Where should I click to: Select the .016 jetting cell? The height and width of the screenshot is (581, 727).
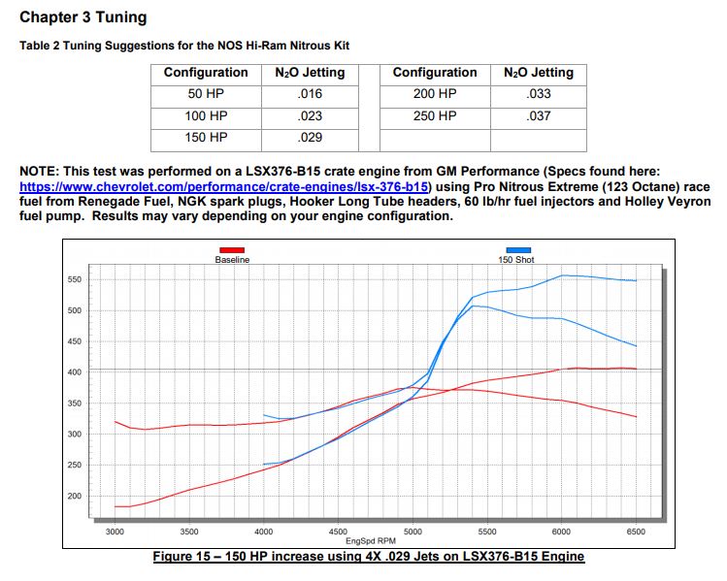click(311, 94)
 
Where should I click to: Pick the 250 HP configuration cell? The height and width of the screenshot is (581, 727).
click(435, 116)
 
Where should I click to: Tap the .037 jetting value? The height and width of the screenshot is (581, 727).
click(538, 116)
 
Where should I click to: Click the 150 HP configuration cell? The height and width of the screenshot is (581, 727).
click(206, 138)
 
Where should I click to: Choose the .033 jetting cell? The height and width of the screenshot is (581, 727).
click(538, 94)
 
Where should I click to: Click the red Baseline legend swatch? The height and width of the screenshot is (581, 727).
click(232, 251)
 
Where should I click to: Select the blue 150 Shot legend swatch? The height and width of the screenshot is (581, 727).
click(518, 251)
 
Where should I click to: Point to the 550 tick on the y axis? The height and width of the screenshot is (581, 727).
click(74, 279)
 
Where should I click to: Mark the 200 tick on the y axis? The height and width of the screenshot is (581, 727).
click(74, 496)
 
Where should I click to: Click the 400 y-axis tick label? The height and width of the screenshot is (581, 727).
click(74, 372)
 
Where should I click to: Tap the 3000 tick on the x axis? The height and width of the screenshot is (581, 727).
click(115, 532)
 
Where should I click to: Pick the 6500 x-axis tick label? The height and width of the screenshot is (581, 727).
click(637, 532)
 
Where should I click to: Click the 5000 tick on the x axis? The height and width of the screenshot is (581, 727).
click(413, 532)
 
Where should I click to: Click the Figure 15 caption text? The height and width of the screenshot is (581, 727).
click(369, 556)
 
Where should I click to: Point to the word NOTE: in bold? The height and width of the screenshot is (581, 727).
click(38, 171)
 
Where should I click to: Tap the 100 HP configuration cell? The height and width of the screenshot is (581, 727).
click(206, 116)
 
